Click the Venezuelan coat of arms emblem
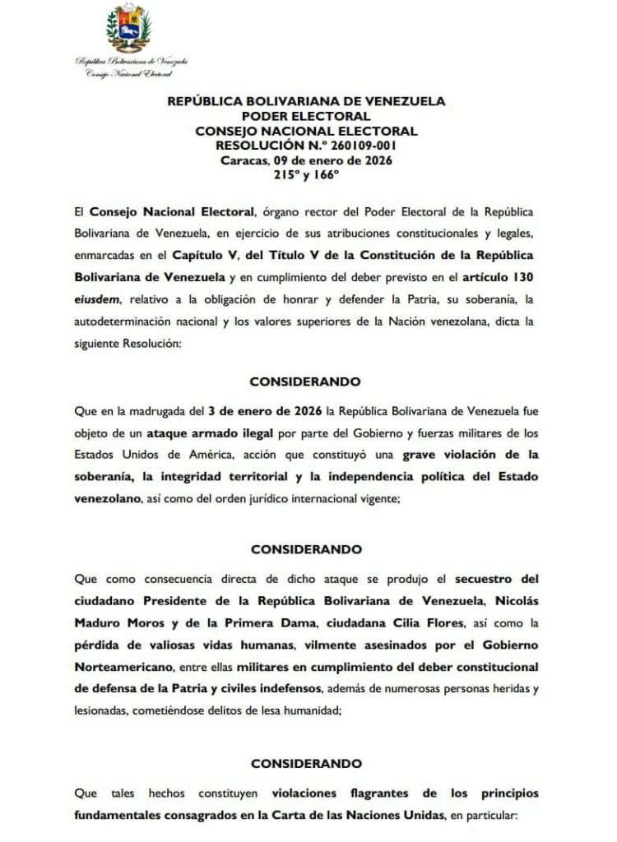[129, 29]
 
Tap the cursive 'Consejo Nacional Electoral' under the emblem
[129, 73]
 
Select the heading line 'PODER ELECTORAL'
[306, 116]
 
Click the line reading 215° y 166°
[306, 174]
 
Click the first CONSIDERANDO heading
[305, 382]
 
